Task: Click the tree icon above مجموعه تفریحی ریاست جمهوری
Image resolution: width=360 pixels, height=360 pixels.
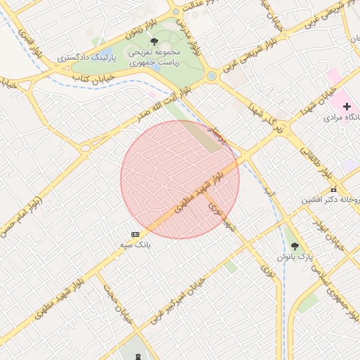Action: coord(154,41)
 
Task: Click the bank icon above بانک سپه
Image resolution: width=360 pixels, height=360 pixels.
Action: coord(136,234)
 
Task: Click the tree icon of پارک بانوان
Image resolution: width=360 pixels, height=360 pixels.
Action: coord(294,246)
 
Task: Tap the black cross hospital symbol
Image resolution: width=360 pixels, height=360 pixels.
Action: coord(346,105)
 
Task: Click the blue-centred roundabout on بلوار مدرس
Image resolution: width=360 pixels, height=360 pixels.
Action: coord(211,76)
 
